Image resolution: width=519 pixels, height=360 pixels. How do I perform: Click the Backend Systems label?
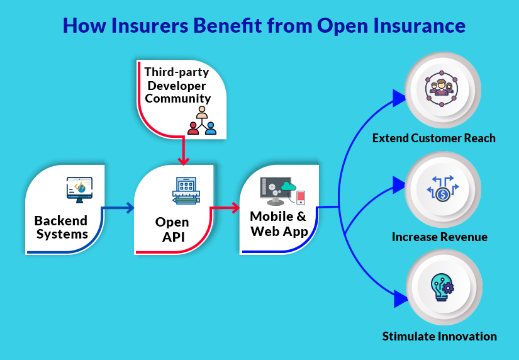tap(60, 227)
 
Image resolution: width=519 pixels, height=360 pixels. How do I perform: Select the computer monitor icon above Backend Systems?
tap(79, 188)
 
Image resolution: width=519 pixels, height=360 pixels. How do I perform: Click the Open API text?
tap(172, 229)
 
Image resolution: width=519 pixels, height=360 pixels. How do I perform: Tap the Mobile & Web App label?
tap(279, 223)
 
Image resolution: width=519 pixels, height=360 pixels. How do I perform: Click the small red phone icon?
tap(301, 197)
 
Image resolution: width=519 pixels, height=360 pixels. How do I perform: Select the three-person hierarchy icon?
tap(201, 121)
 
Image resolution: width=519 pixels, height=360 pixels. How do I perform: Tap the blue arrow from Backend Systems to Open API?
tap(120, 208)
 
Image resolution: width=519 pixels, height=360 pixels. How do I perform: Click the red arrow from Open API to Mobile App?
tap(225, 208)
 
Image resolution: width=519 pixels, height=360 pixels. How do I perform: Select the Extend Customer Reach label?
tap(433, 138)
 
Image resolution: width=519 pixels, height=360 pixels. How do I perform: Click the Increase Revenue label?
tap(439, 237)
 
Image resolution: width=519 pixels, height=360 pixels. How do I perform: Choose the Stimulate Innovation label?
tap(439, 336)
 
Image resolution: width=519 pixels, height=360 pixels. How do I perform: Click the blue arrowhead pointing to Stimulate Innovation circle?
tap(399, 300)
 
